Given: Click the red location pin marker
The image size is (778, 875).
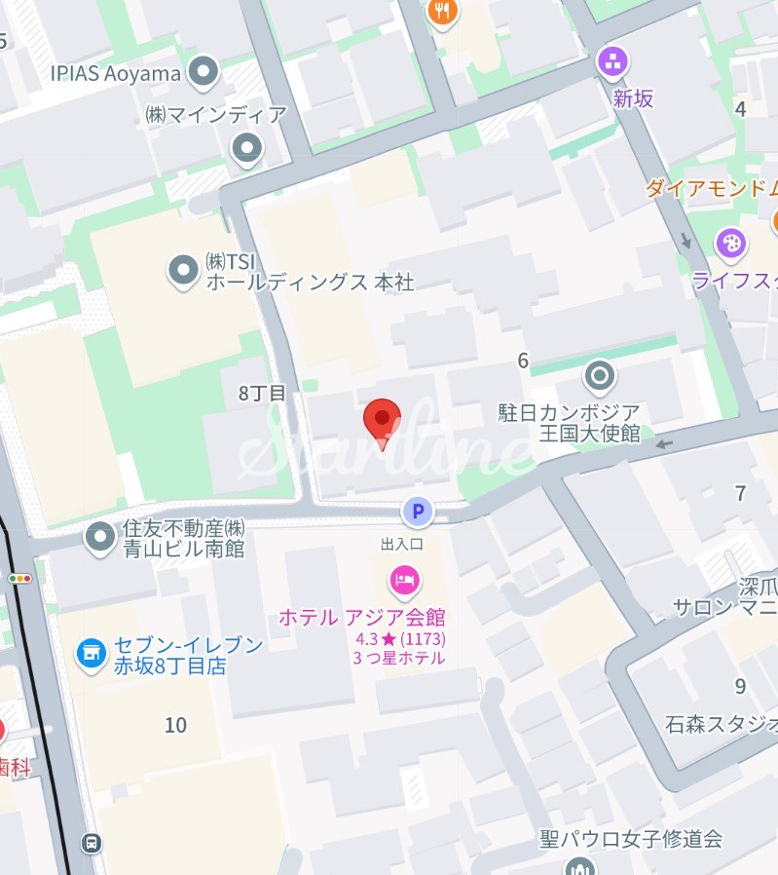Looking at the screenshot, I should pos(382,421).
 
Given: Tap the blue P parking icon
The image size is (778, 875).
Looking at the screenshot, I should pos(419,510).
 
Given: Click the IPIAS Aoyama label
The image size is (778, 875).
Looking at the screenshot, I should pos(116,73).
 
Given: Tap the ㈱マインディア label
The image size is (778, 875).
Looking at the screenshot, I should pos(215,115).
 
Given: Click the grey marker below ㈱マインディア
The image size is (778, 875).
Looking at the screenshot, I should pos(247,149).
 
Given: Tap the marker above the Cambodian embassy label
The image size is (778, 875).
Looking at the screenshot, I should pos(599,375).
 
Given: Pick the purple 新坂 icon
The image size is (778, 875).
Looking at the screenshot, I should pos(612,63).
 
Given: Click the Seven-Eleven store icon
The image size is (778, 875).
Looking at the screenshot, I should pos(92,655).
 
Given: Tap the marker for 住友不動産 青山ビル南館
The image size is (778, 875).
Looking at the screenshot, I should pos(99,535).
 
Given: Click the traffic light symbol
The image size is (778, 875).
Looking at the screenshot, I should pos(19,579).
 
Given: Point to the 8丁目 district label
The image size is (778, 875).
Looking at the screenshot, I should pos(263,394).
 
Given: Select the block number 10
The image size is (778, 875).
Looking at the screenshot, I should pos(175,725).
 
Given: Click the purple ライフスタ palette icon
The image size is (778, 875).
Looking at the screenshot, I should pos(729,243).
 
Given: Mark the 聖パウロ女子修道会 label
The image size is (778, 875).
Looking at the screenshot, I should pos(631,838).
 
